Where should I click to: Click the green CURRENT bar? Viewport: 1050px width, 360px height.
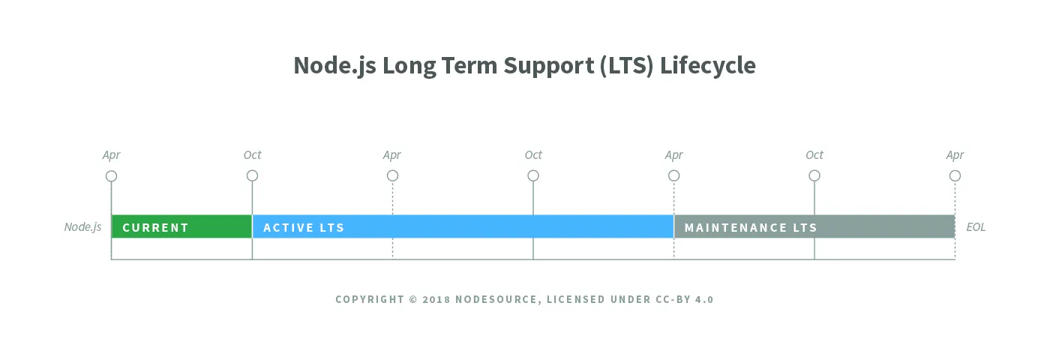181,226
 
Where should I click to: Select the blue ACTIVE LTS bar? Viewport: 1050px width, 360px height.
463,226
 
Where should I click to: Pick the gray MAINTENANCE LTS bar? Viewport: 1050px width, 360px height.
814,226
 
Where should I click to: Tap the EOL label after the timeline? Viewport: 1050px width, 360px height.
976,226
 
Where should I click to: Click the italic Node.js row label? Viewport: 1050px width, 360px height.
82,226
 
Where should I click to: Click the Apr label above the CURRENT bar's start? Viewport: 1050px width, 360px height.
111,155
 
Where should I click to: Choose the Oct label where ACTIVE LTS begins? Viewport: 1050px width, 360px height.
252,155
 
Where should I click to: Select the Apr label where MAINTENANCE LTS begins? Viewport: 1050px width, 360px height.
673,155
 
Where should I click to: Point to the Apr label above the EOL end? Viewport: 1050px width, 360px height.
955,155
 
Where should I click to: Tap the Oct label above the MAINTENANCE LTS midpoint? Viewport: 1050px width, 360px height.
814,155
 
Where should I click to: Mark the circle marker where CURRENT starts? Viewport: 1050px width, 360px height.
111,176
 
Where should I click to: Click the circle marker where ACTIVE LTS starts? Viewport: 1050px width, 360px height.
252,176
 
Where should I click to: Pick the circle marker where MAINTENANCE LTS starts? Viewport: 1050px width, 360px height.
673,176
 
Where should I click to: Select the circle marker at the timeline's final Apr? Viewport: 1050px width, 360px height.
955,176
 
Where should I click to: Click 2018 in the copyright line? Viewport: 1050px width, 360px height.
436,299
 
